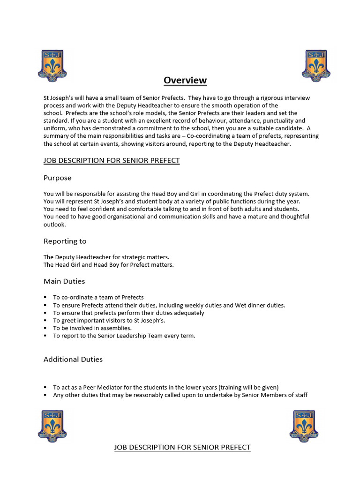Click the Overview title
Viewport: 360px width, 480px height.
(x=185, y=80)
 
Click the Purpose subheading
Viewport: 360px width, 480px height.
(x=58, y=178)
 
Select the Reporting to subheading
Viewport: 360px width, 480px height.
(x=65, y=241)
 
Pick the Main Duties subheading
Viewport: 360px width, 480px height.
(x=64, y=281)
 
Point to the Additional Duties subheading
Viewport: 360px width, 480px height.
(x=73, y=360)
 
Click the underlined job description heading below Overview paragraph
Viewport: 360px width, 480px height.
(x=112, y=161)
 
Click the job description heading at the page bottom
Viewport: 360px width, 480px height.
(x=182, y=448)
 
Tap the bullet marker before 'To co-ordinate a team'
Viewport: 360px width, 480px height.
(x=45, y=298)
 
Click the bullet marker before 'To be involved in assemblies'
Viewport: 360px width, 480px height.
(x=45, y=328)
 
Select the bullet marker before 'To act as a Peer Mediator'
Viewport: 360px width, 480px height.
(x=45, y=388)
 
